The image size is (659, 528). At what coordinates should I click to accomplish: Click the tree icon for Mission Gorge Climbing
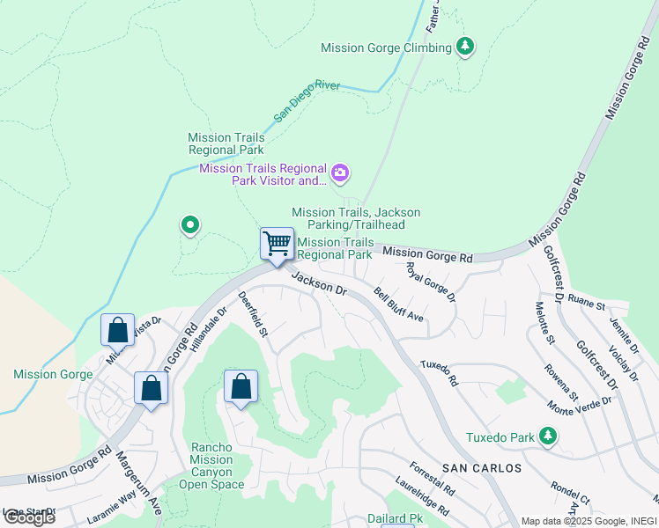465,48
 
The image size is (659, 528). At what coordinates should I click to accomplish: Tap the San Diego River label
307,100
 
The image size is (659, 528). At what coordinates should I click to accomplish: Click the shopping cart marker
278,243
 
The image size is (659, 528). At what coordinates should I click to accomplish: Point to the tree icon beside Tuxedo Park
548,436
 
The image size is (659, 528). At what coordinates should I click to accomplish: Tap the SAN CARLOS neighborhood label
482,467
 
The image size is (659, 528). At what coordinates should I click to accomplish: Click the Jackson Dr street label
320,283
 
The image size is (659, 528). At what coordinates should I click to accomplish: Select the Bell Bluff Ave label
398,304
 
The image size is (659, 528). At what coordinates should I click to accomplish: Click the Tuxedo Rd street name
440,373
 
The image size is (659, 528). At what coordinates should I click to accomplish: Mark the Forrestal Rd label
433,479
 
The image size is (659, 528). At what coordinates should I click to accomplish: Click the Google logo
29,517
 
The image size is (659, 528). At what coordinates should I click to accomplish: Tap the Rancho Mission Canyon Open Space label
211,466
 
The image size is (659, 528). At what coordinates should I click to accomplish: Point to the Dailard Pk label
396,519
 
